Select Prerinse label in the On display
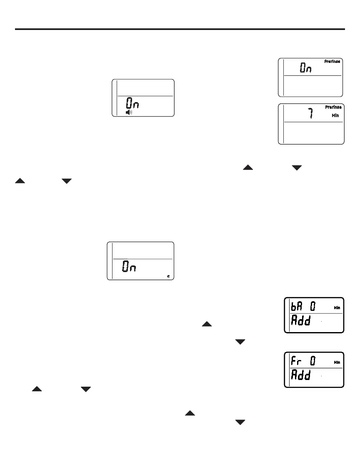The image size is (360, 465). click(x=332, y=62)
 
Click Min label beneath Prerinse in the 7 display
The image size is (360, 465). click(x=335, y=115)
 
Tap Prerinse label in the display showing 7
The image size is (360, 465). click(x=333, y=107)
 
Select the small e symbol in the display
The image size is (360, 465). click(x=168, y=276)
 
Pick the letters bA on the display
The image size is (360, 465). click(x=297, y=307)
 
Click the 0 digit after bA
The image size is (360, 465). click(x=312, y=307)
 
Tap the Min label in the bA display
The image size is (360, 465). click(x=337, y=308)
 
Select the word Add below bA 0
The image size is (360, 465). click(x=300, y=321)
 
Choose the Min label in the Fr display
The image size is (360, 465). click(x=337, y=362)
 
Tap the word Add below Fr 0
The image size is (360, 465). click(x=300, y=376)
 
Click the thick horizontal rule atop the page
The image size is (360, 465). click(x=180, y=29)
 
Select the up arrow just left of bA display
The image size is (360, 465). click(x=207, y=324)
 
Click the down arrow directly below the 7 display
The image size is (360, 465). click(x=296, y=167)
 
